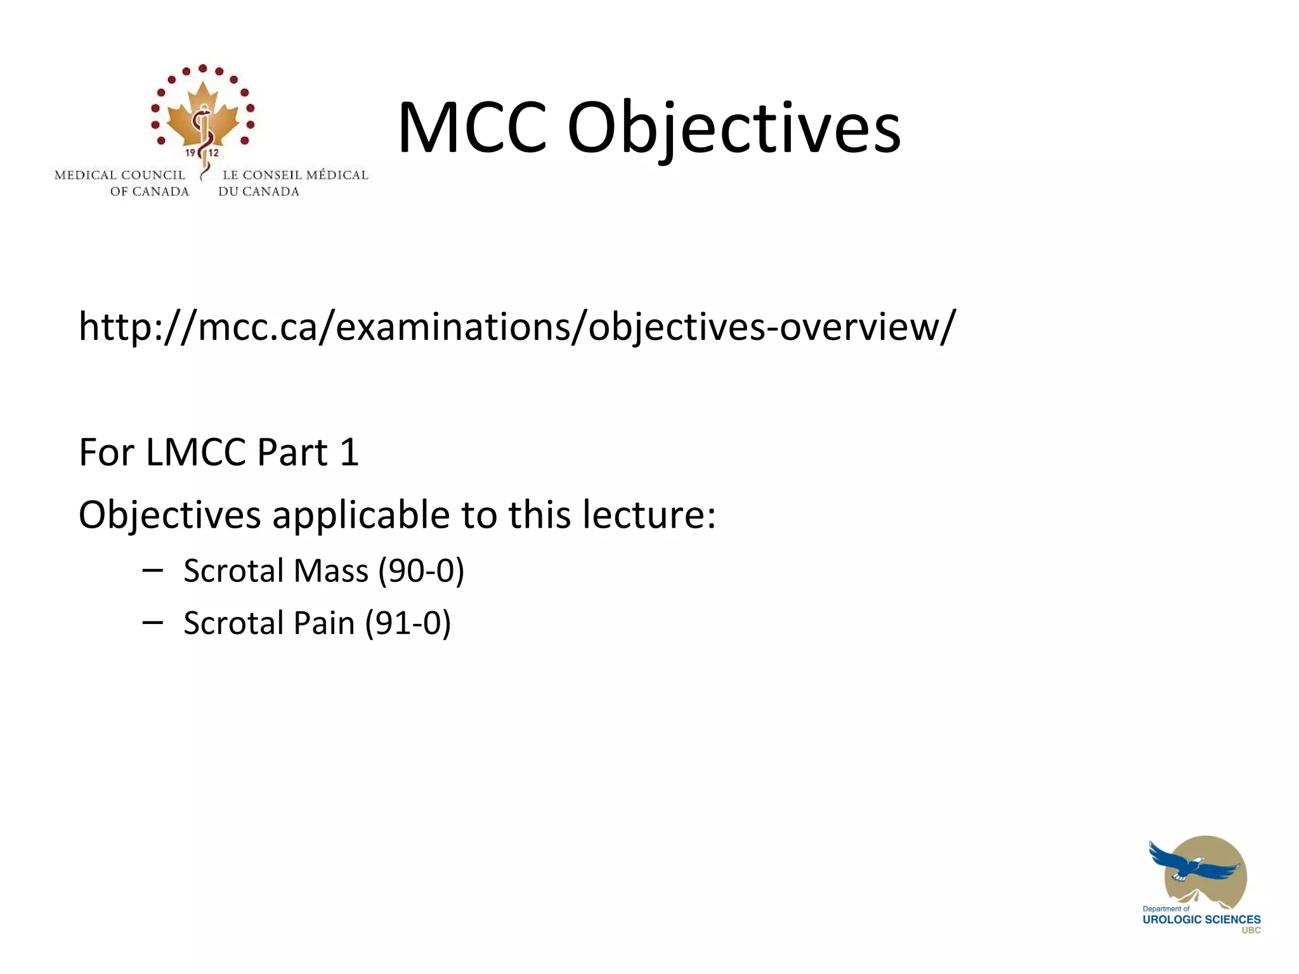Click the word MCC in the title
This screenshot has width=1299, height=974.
pyautogui.click(x=471, y=128)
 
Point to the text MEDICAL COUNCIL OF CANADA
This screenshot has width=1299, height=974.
pyautogui.click(x=121, y=183)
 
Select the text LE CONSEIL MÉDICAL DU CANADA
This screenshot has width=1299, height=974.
pyautogui.click(x=294, y=183)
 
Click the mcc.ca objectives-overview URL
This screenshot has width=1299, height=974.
pyautogui.click(x=516, y=327)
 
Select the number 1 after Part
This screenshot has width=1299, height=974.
pyautogui.click(x=349, y=452)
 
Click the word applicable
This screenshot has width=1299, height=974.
pyautogui.click(x=361, y=514)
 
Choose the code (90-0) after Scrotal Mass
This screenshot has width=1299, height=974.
pyautogui.click(x=421, y=570)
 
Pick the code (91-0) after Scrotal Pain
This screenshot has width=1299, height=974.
pyautogui.click(x=408, y=623)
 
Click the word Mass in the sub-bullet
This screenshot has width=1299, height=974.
pyautogui.click(x=330, y=570)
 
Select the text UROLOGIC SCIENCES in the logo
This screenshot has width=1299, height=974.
pyautogui.click(x=1201, y=919)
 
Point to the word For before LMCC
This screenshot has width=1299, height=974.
pyautogui.click(x=105, y=452)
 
